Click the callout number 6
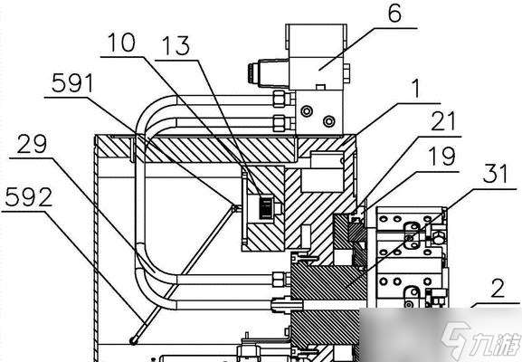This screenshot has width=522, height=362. tap(394, 14)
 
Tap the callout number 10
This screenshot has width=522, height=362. tap(122, 43)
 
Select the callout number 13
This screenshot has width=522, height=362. tap(176, 46)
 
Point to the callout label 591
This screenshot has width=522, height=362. tap(72, 83)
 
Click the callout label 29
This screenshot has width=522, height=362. tap(32, 144)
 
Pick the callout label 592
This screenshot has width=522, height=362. tap(29, 196)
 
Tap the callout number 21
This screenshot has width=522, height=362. tap(443, 121)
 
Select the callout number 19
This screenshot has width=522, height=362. tap(441, 156)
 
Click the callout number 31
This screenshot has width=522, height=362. tap(496, 174)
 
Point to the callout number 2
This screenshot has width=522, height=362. tap(498, 288)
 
